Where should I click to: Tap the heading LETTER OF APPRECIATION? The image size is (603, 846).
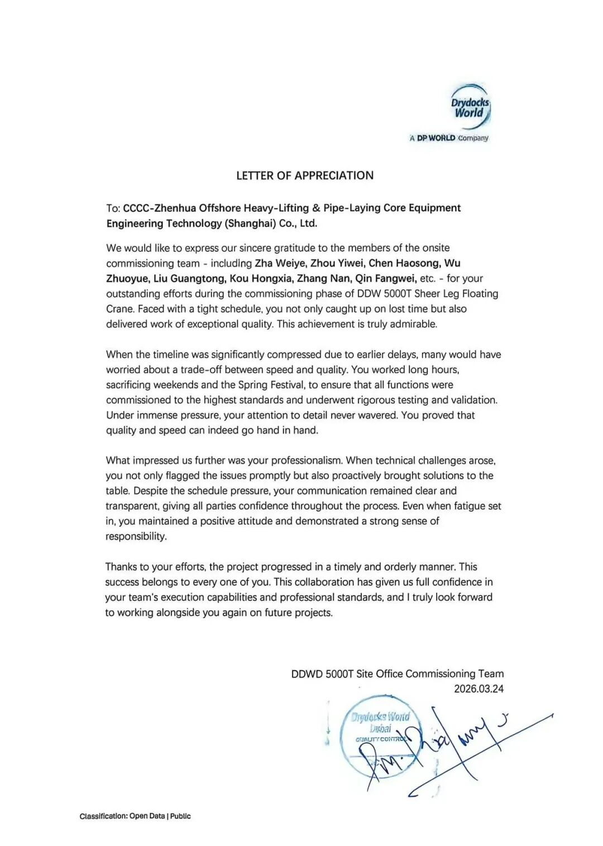click(305, 175)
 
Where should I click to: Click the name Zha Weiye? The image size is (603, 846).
click(280, 263)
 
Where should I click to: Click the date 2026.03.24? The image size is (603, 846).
click(478, 689)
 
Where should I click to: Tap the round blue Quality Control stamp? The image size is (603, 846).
click(381, 735)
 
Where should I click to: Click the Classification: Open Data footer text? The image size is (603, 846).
click(135, 816)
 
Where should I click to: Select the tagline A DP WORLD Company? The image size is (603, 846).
click(449, 138)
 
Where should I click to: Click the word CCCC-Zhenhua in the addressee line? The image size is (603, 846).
click(160, 208)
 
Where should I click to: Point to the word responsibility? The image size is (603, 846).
click(136, 536)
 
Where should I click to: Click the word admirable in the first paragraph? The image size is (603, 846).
click(414, 324)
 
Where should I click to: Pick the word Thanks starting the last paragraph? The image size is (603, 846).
click(121, 567)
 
